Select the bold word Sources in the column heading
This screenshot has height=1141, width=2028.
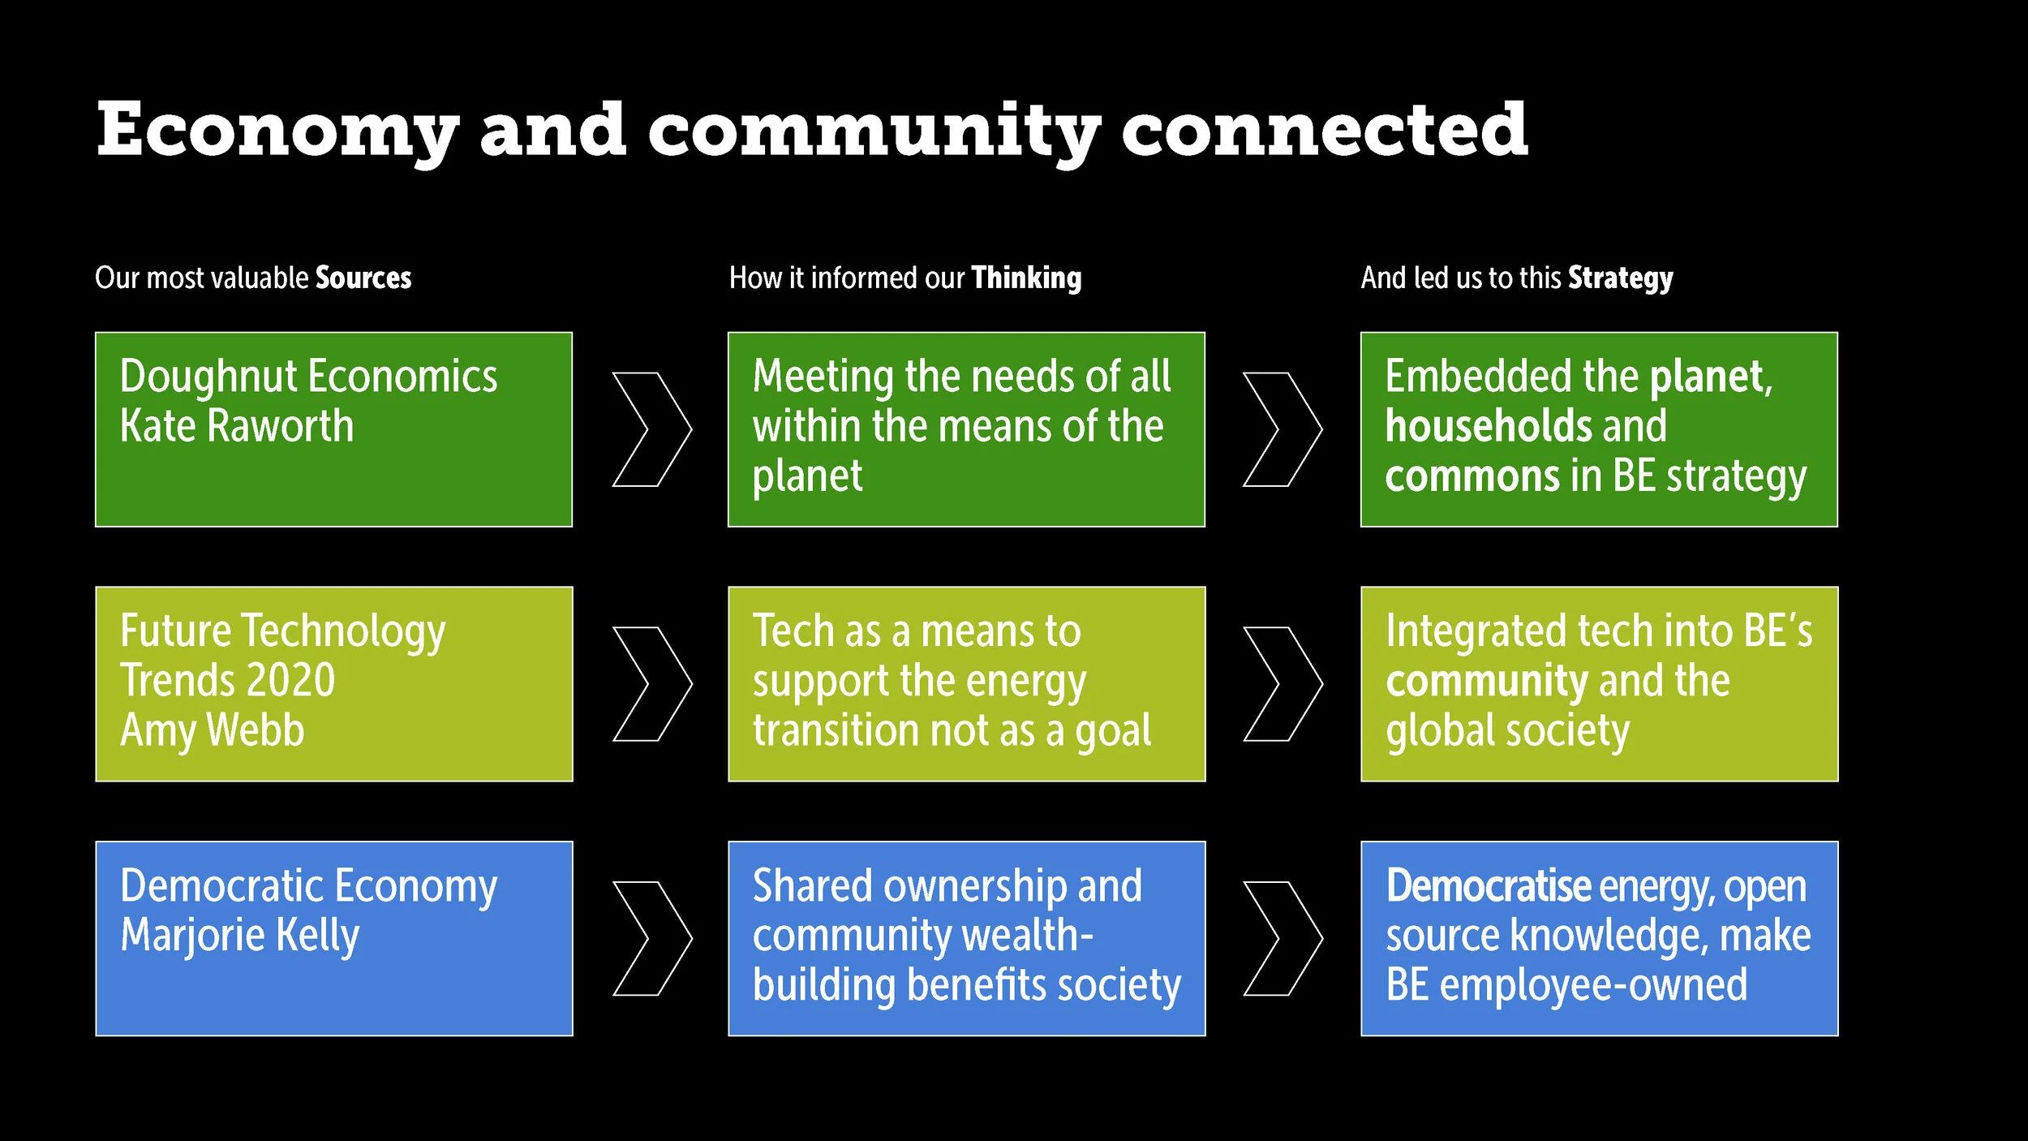pos(363,278)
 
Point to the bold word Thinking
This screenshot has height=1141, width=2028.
pos(1026,278)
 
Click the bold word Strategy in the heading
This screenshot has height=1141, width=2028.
pos(1620,278)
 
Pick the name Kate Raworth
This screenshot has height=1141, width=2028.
pos(237,426)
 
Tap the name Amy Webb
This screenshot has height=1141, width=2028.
pos(213,730)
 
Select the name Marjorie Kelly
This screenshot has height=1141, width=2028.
pos(240,935)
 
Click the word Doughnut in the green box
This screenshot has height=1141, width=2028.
pos(209,377)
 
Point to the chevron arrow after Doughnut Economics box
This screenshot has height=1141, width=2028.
pos(651,429)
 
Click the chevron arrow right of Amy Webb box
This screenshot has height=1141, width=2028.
pos(651,683)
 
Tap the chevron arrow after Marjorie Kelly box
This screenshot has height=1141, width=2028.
pos(651,938)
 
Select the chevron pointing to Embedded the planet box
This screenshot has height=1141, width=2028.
pos(1283,429)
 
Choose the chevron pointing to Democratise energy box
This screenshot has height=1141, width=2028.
pos(1283,938)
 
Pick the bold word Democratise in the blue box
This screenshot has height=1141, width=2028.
pos(1489,885)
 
